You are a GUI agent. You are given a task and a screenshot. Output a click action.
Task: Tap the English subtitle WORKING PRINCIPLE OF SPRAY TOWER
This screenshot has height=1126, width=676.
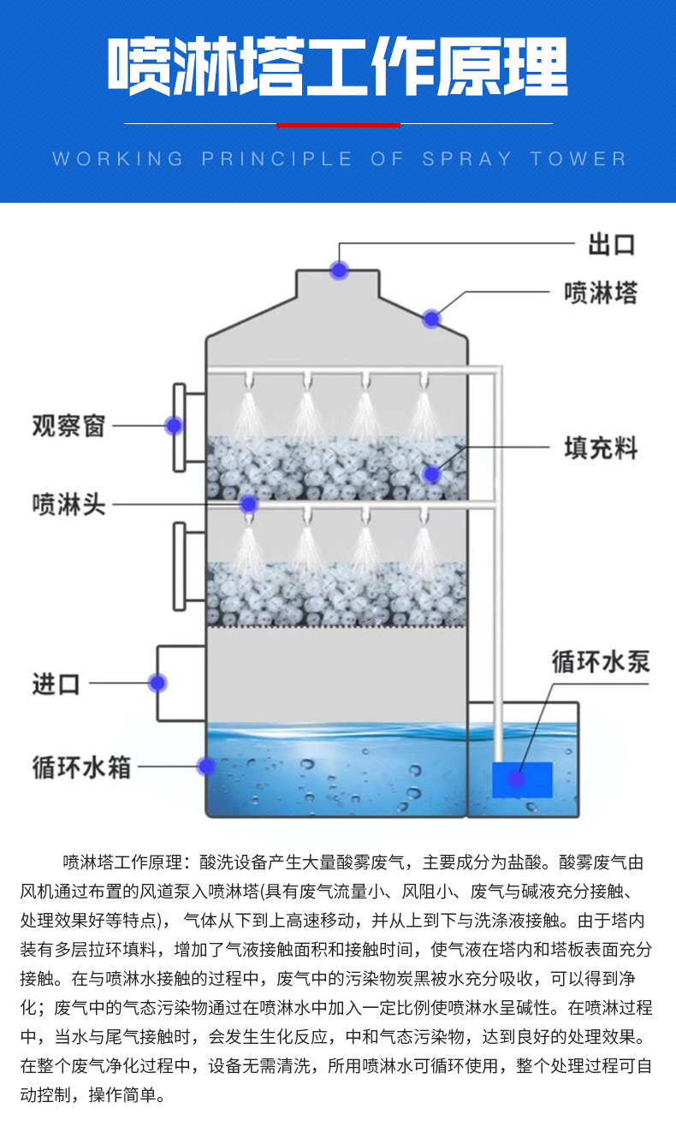click(340, 159)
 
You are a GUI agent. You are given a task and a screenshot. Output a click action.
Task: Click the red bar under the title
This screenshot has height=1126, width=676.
click(338, 125)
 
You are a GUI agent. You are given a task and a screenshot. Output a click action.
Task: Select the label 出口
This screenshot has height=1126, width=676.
click(611, 245)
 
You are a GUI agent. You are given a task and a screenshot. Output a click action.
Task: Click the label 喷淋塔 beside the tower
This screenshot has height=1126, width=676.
click(601, 293)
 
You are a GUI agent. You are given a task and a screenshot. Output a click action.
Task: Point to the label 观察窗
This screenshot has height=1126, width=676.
click(68, 425)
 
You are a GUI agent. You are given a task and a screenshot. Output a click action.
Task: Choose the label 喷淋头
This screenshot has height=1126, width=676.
click(68, 504)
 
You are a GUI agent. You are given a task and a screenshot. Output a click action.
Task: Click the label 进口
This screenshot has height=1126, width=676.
click(56, 684)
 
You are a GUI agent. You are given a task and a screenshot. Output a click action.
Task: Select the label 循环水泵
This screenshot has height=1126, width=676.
click(600, 661)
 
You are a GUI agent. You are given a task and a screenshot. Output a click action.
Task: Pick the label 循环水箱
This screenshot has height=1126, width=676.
click(81, 767)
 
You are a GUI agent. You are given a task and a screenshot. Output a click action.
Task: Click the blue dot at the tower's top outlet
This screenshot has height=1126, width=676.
click(340, 270)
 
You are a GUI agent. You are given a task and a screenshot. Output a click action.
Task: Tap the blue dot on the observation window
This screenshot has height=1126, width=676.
click(174, 424)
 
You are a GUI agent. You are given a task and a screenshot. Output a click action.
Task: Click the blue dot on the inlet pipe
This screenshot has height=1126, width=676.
click(157, 683)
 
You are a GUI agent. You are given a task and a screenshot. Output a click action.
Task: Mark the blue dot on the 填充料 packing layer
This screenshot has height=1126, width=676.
click(431, 473)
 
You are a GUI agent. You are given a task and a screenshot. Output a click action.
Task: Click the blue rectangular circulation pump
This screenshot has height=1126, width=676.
click(522, 779)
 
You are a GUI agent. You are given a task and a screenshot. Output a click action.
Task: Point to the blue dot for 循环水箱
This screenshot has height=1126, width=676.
click(206, 766)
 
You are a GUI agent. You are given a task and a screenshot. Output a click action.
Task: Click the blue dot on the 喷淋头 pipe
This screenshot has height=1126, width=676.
click(248, 504)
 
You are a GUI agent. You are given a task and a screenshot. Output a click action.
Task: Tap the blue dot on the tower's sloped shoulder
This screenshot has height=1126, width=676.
click(431, 319)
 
